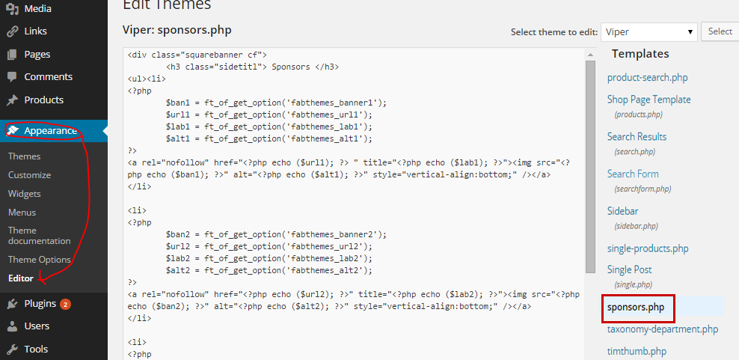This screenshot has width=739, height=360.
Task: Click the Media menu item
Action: click(37, 9)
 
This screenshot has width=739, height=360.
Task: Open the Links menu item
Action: click(34, 31)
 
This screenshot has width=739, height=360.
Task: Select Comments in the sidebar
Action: click(48, 77)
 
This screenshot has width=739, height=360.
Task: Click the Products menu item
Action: click(43, 100)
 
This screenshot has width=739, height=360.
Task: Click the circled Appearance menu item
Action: click(50, 131)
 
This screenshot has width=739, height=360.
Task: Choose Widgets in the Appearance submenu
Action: click(24, 194)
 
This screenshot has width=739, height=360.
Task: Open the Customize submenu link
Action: click(29, 175)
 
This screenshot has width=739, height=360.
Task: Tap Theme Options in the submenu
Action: click(39, 260)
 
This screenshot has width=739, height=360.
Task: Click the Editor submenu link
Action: click(20, 278)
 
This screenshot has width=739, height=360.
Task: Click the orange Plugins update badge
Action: click(66, 304)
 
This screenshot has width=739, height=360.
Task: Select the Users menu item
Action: click(37, 326)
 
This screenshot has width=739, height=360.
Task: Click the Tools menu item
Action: click(35, 350)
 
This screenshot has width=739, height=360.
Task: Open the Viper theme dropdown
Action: click(648, 32)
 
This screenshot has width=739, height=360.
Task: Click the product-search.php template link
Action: click(647, 78)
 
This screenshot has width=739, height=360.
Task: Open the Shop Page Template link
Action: click(648, 100)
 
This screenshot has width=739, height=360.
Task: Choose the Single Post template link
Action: click(629, 269)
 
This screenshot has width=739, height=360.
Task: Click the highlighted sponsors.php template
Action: click(635, 307)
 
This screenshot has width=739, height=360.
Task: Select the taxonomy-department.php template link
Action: click(662, 329)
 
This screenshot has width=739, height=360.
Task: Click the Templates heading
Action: click(640, 54)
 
